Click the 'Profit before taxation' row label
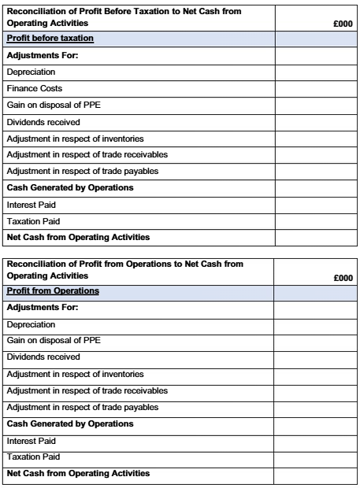(50, 39)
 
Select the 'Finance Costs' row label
(34, 89)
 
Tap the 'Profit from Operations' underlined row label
(53, 291)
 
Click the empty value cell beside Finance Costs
(315, 89)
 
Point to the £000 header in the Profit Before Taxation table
(343, 24)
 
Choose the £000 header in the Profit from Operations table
(343, 278)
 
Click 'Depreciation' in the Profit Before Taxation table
(31, 72)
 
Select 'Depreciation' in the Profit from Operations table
(31, 324)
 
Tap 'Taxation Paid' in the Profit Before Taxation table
(33, 221)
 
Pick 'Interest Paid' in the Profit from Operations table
(32, 441)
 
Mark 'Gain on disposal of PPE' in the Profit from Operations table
(54, 341)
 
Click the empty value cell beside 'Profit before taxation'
(315, 39)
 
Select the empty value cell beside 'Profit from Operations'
(315, 291)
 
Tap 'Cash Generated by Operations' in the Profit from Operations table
(69, 424)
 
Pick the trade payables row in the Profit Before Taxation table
(82, 171)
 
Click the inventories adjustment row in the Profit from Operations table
(75, 374)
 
